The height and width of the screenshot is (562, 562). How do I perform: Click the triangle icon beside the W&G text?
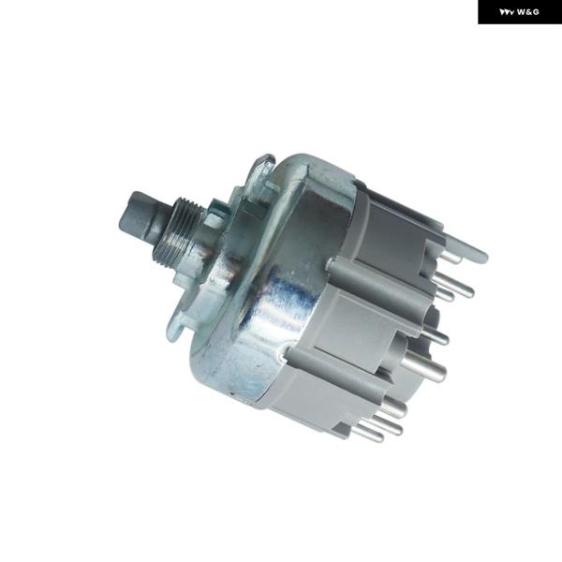507,12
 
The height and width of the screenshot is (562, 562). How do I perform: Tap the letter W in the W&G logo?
522,12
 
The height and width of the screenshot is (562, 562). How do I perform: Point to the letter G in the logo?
536,12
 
